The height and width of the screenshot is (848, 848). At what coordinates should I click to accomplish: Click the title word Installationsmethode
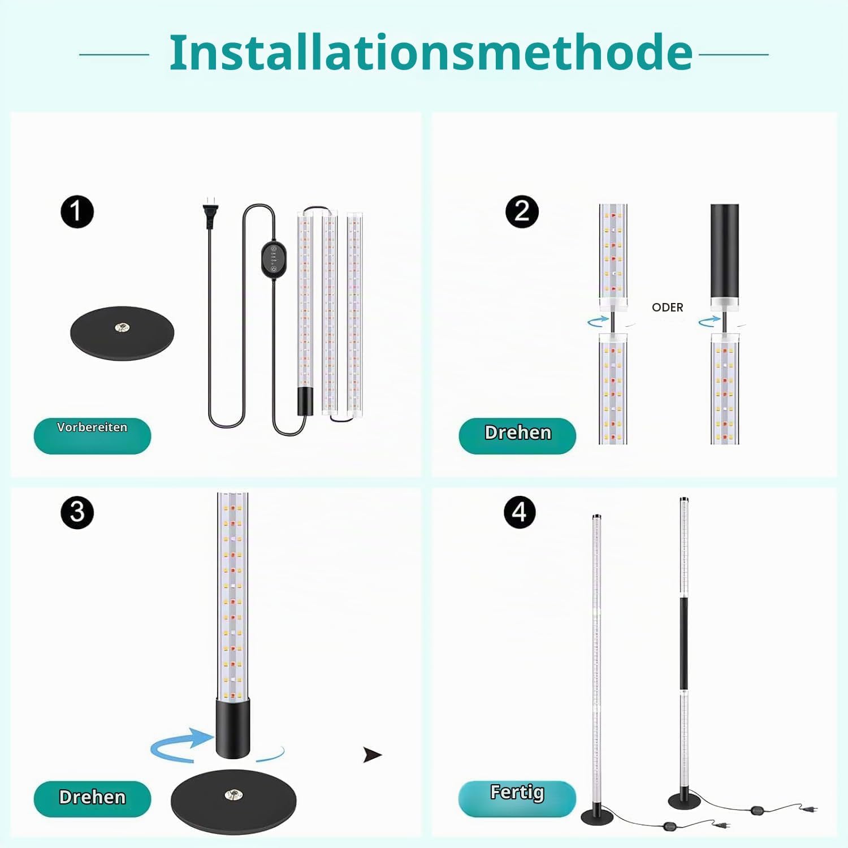click(431, 53)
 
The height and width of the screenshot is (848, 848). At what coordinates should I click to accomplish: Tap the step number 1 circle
click(77, 212)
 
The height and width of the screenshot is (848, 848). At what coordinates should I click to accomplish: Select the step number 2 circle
click(522, 212)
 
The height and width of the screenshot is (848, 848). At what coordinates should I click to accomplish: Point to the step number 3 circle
click(77, 513)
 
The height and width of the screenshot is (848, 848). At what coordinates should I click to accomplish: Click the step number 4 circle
click(520, 512)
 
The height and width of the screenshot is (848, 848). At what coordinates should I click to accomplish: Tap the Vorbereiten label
click(92, 427)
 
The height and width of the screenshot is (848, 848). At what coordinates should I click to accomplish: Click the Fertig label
click(517, 793)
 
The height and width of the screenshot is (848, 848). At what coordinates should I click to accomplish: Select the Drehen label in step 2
click(518, 432)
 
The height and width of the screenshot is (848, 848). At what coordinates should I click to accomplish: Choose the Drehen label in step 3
click(92, 797)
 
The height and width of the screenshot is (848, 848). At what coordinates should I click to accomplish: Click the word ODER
click(668, 308)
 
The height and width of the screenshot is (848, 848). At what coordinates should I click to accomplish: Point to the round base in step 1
click(122, 333)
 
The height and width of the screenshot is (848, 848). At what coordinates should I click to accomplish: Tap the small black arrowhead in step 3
click(372, 755)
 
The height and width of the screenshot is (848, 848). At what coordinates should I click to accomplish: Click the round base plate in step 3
click(233, 802)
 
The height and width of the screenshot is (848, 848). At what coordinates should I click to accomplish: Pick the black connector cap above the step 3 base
click(233, 728)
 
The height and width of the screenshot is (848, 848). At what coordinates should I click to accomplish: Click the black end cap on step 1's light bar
click(305, 401)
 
